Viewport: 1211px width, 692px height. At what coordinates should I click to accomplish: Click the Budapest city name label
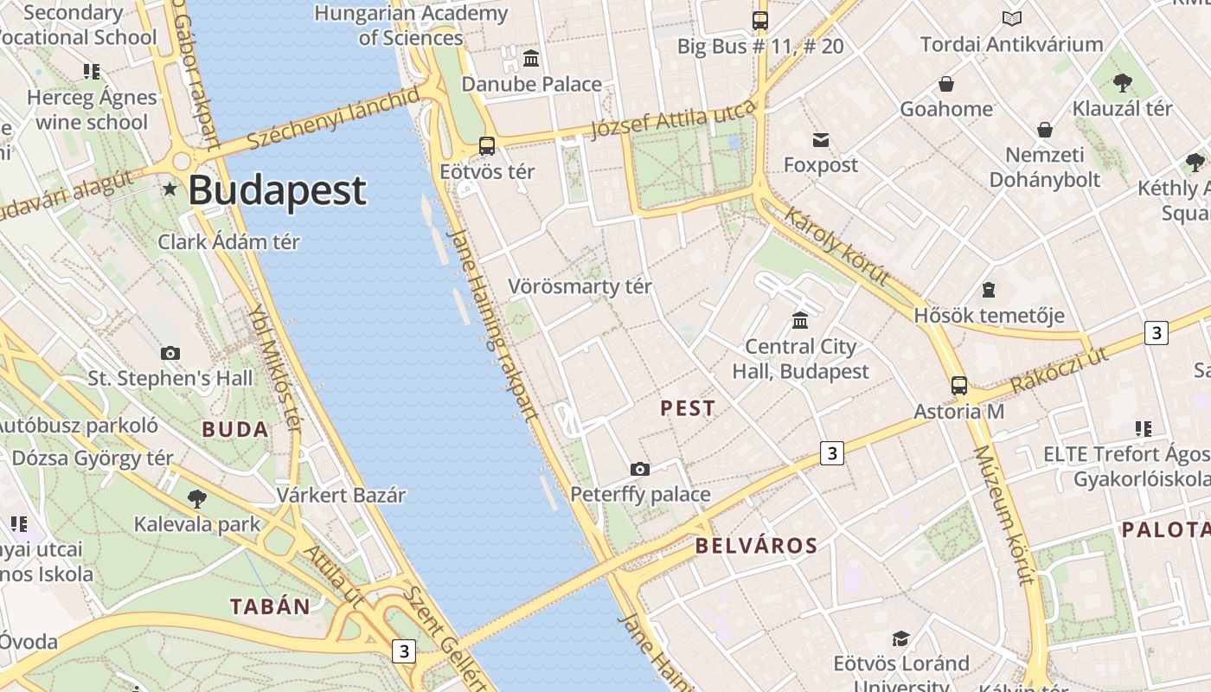pyautogui.click(x=277, y=190)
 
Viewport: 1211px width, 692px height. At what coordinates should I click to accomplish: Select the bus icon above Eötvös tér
pyautogui.click(x=487, y=146)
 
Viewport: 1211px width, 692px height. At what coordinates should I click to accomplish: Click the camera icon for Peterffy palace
pyautogui.click(x=640, y=469)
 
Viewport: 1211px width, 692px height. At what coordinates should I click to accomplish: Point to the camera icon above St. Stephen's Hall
pyautogui.click(x=170, y=353)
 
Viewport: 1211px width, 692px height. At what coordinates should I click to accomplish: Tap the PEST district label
pyautogui.click(x=688, y=408)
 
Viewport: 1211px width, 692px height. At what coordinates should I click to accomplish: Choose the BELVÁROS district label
pyautogui.click(x=756, y=546)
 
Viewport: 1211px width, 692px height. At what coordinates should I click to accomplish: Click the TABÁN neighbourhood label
pyautogui.click(x=270, y=606)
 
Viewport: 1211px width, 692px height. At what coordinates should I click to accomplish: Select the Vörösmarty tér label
pyautogui.click(x=580, y=286)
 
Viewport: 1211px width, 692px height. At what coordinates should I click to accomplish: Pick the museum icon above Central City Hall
pyautogui.click(x=800, y=320)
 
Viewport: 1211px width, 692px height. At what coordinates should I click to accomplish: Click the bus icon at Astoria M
pyautogui.click(x=959, y=386)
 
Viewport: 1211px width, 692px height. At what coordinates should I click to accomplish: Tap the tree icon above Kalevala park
pyautogui.click(x=197, y=498)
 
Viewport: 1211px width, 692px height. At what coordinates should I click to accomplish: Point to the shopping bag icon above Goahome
pyautogui.click(x=946, y=84)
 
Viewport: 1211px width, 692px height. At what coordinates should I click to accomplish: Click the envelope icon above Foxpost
pyautogui.click(x=820, y=139)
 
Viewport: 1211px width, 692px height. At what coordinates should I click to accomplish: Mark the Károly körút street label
pyautogui.click(x=836, y=246)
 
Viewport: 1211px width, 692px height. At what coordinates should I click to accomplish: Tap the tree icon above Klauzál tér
pyautogui.click(x=1123, y=83)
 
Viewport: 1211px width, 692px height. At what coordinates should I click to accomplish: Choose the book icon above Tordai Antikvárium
pyautogui.click(x=1011, y=19)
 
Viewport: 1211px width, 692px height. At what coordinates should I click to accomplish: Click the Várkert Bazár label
pyautogui.click(x=341, y=496)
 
